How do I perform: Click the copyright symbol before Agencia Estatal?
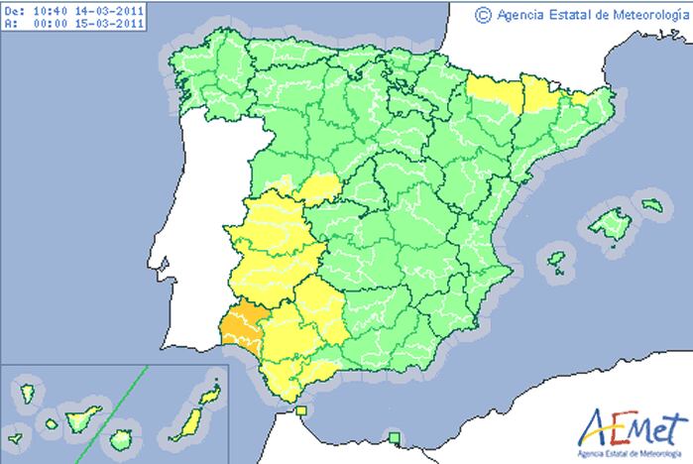tap(483, 14)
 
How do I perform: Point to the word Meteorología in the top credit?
tap(649, 14)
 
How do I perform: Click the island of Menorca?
tap(651, 204)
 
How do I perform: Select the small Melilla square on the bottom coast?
tap(395, 437)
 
